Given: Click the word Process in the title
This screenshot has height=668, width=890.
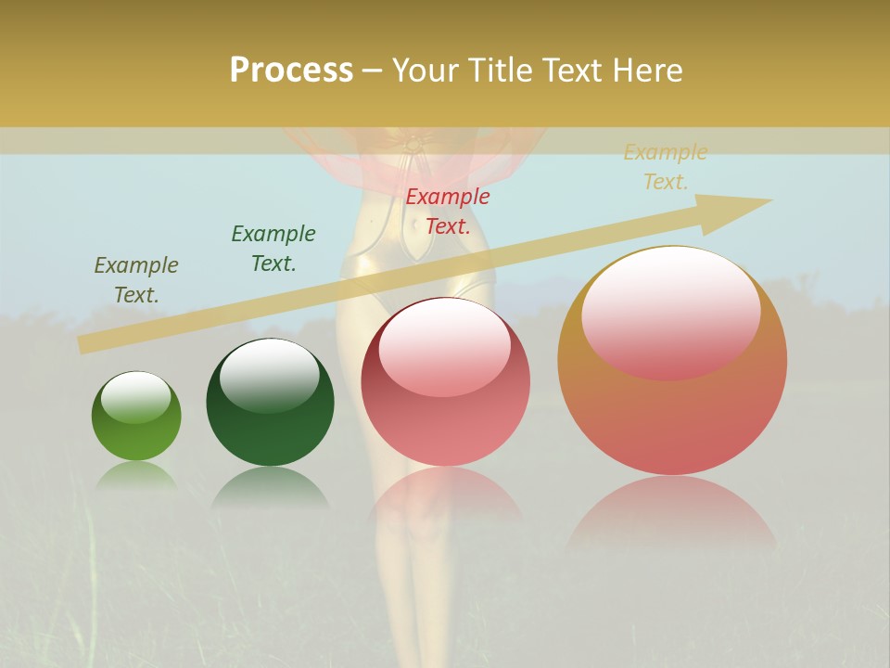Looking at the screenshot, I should [291, 71].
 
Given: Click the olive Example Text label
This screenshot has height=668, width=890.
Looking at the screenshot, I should [136, 279].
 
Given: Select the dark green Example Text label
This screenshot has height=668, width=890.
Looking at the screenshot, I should [273, 248].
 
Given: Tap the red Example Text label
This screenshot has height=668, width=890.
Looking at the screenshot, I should [448, 211].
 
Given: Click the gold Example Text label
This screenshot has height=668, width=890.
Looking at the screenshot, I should [665, 167].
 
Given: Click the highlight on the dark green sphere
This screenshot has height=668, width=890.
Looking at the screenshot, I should [269, 368].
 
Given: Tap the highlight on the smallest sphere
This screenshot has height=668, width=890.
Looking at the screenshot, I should [135, 395].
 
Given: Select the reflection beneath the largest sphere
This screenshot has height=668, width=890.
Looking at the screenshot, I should [671, 510].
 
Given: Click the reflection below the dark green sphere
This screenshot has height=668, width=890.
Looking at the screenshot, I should [270, 486].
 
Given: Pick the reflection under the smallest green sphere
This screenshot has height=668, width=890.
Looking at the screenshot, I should [136, 476].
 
